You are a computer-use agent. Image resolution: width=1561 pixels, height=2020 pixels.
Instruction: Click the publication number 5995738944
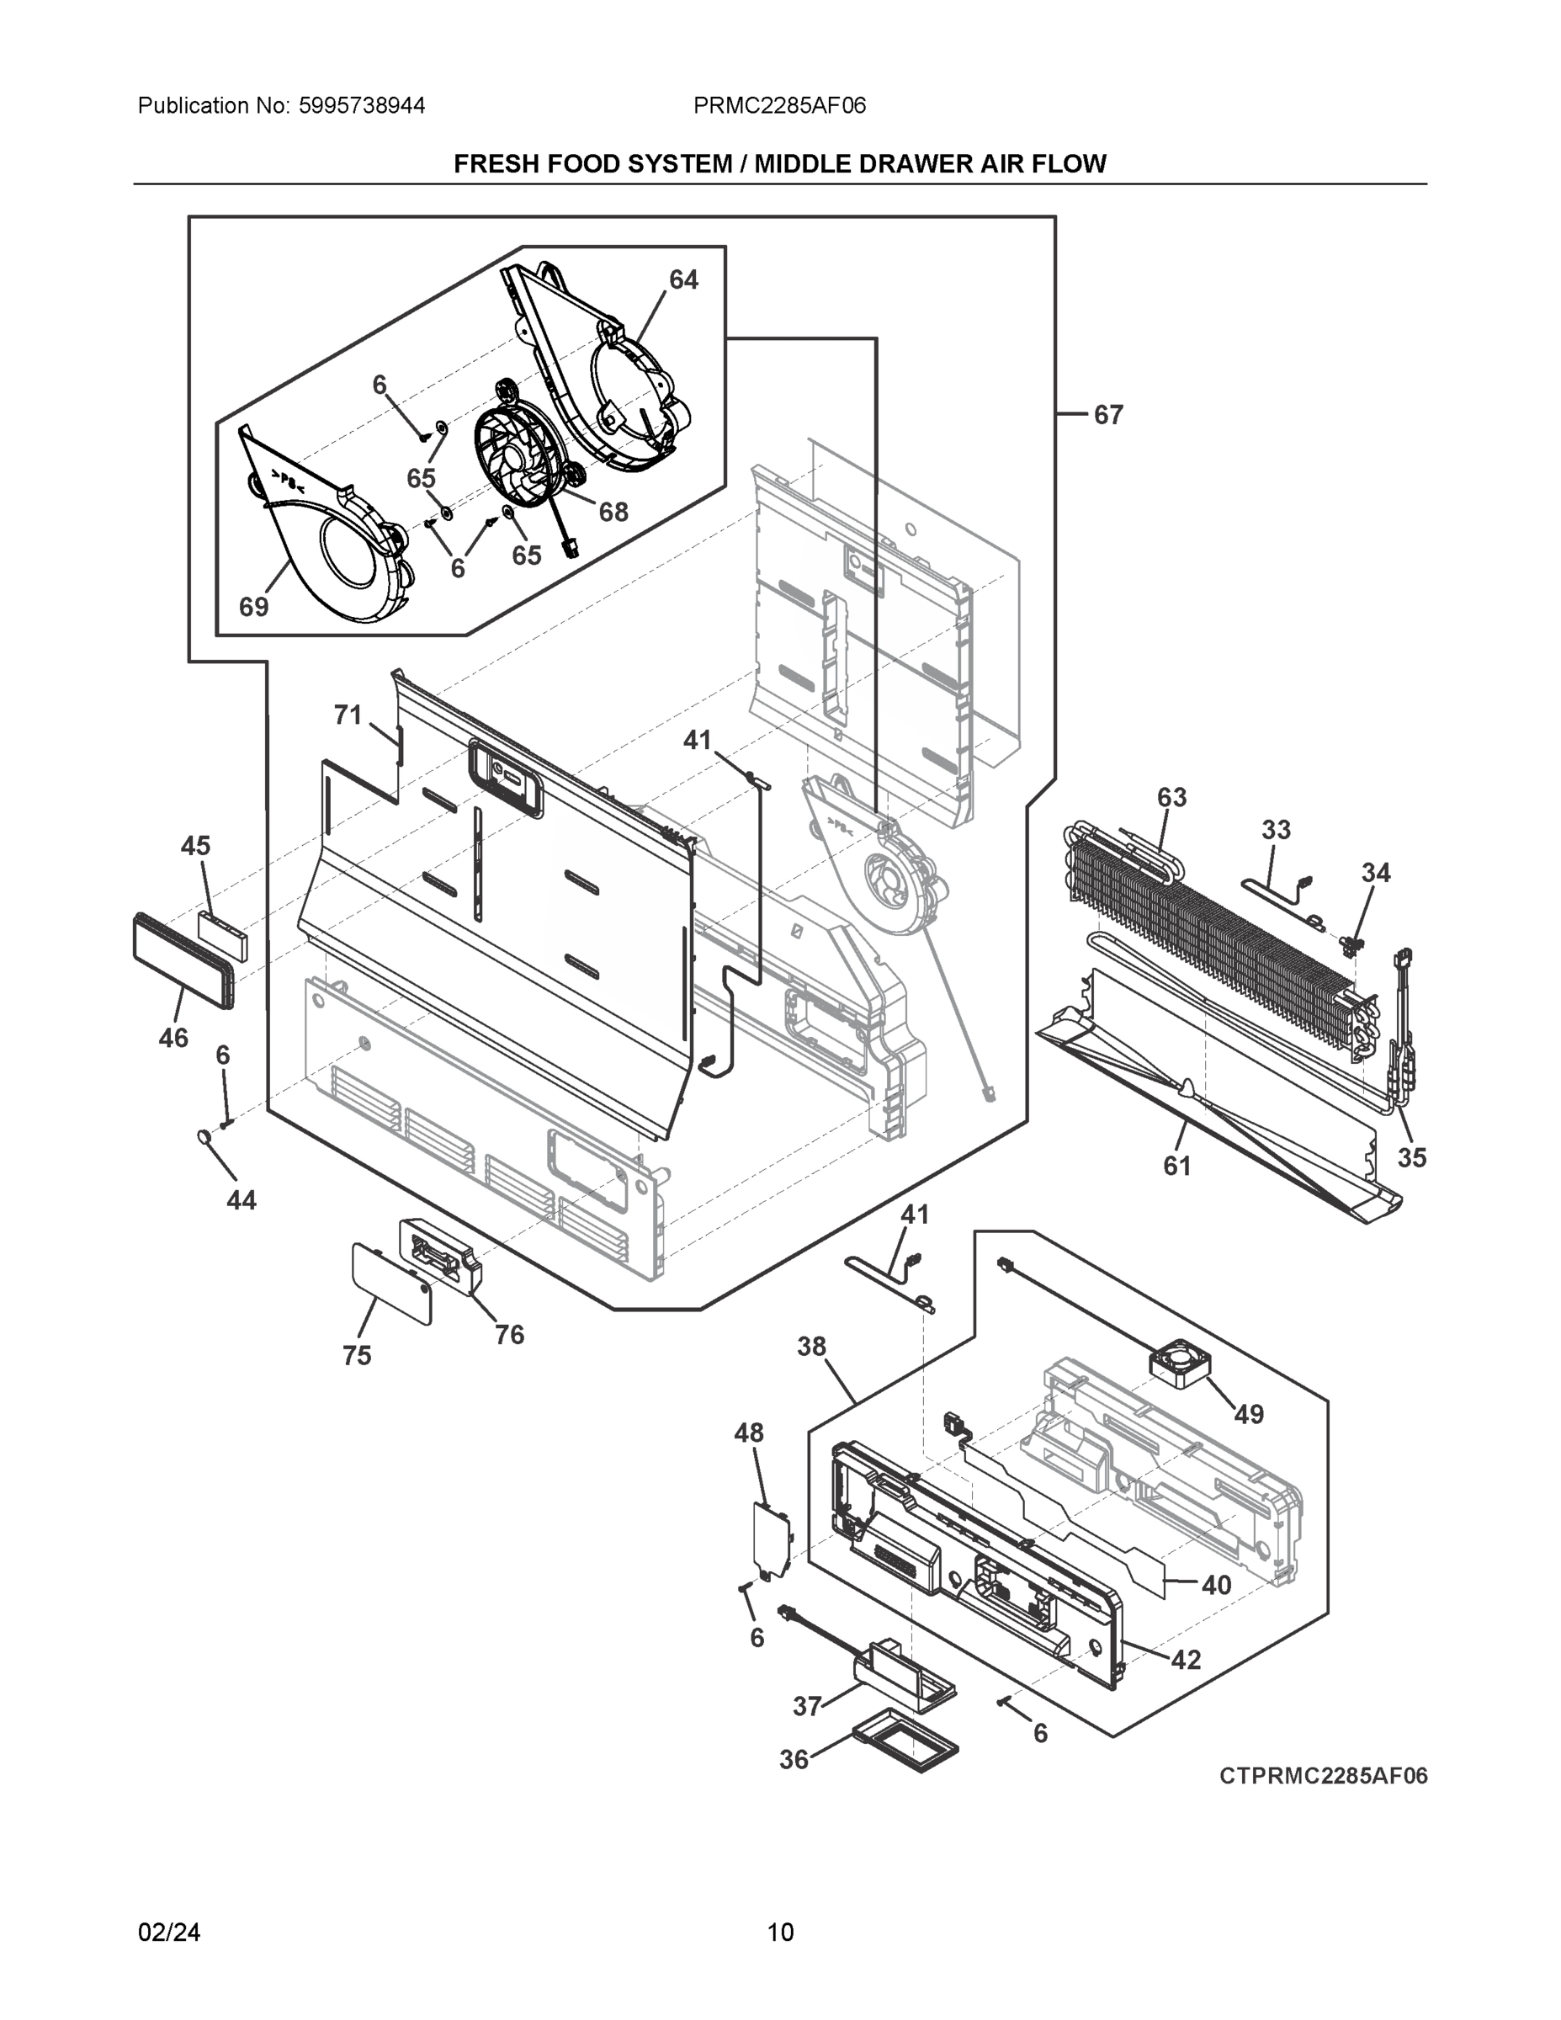click(362, 105)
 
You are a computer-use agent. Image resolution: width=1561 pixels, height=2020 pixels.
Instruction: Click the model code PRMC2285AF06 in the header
click(779, 105)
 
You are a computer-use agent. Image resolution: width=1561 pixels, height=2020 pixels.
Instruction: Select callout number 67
click(1108, 415)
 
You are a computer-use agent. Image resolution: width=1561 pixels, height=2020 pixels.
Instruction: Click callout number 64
click(683, 279)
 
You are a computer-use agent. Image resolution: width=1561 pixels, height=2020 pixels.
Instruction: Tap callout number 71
click(347, 715)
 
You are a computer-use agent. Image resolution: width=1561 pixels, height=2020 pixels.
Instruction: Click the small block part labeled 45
click(222, 935)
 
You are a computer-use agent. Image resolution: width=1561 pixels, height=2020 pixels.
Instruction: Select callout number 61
click(1176, 1167)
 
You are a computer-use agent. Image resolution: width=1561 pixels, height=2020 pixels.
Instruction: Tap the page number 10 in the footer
click(781, 1932)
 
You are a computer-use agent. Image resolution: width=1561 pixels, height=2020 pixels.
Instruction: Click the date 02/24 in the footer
click(169, 1932)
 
